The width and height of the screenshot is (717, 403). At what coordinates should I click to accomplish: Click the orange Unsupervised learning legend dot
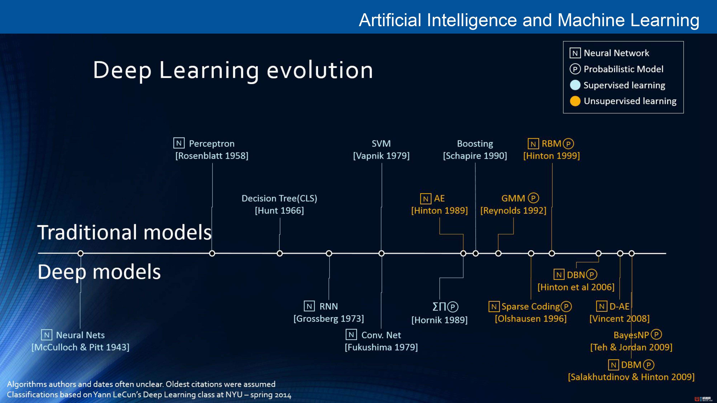[x=575, y=101]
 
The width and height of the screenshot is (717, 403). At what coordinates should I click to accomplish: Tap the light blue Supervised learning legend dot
[x=575, y=85]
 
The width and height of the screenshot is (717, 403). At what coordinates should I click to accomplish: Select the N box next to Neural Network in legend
[x=575, y=53]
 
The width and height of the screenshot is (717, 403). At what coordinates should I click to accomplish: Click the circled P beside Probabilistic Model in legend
[x=575, y=69]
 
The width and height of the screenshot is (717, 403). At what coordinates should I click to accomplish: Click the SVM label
[x=381, y=143]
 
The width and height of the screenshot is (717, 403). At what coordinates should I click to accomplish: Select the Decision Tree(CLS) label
[x=279, y=198]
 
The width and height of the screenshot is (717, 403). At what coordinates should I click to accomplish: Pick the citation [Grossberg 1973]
[x=329, y=318]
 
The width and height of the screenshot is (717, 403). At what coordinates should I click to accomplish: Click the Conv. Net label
[x=381, y=335]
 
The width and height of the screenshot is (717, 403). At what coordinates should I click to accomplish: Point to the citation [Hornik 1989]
[x=440, y=320]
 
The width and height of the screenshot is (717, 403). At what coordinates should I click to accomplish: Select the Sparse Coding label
[x=531, y=306]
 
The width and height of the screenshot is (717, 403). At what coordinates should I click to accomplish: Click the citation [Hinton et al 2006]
[x=576, y=287]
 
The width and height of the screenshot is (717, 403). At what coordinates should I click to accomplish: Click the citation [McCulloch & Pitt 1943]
[x=80, y=347]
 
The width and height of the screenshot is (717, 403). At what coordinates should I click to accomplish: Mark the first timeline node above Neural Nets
[x=80, y=253]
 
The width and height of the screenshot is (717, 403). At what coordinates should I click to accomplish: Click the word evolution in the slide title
[x=320, y=70]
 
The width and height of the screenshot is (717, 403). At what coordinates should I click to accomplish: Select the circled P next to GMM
[x=533, y=198]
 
